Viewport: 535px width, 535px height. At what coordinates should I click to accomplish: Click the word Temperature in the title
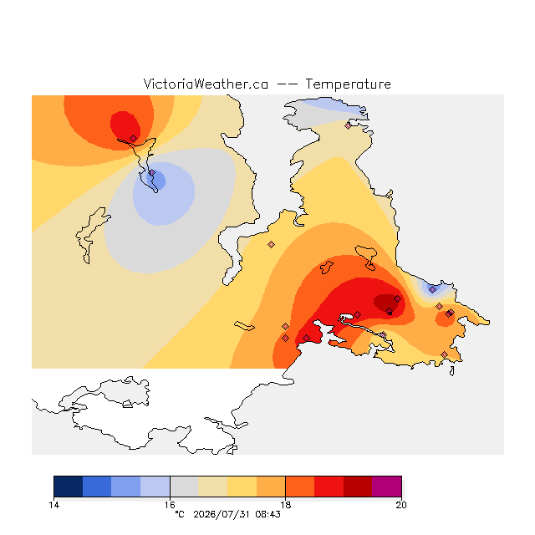point(348,84)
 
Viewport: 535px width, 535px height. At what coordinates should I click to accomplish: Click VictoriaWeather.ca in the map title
point(206,84)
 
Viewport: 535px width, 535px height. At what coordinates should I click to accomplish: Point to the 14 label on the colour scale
point(53,505)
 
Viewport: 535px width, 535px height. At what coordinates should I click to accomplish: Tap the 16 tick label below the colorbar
point(170,505)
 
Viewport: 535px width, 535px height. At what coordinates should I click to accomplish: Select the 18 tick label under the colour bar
point(286,505)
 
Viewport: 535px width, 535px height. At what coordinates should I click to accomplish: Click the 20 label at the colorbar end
point(401,505)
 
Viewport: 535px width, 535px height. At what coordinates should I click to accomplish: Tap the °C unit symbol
point(180,515)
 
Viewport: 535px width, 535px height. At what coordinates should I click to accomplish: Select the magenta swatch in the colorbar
point(386,487)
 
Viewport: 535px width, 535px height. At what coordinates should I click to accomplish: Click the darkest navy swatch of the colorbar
point(69,487)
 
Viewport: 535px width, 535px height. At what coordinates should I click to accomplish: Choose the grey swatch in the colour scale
point(184,487)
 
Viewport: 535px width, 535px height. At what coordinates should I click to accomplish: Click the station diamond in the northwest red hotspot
point(134,138)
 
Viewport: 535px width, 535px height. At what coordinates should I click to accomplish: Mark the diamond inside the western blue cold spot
point(152,173)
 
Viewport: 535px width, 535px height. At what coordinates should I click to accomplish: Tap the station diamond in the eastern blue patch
point(433,290)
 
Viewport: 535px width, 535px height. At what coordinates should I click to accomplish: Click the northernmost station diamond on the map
point(348,126)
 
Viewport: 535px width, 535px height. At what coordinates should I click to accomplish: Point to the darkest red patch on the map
point(387,303)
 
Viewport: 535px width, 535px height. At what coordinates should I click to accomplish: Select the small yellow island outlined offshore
point(244,326)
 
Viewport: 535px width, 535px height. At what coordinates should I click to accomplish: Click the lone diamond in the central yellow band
point(271,244)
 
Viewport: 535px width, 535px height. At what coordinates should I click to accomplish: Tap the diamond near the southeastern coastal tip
point(444,354)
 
